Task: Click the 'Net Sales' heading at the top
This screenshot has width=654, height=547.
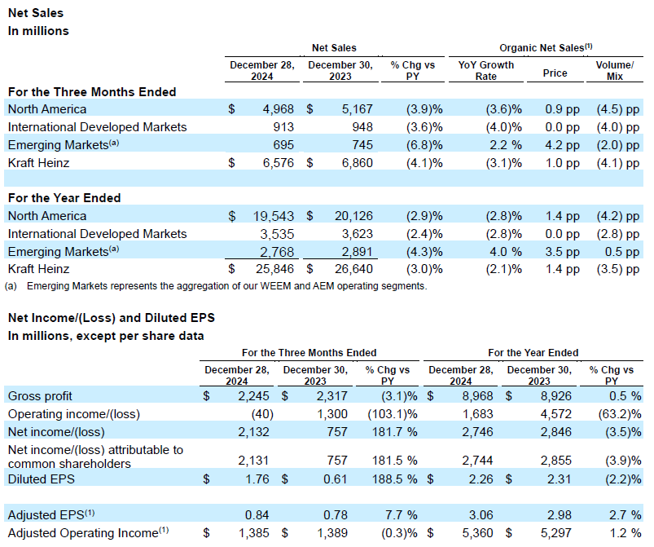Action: coord(35,13)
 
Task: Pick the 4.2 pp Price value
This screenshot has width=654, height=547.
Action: coord(555,145)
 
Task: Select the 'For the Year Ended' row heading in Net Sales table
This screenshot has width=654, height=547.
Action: coord(64,198)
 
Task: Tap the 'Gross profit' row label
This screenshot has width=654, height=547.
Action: coord(37,396)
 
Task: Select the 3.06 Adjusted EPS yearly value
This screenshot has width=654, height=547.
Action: coord(477,515)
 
